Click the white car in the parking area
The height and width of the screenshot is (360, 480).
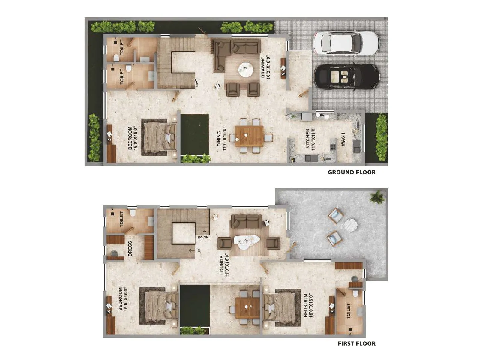tap(346, 43)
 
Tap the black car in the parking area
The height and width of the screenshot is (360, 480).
tap(346, 77)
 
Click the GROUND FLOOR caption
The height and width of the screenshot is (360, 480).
tap(351, 172)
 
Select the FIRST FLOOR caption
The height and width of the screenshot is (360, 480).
tap(356, 343)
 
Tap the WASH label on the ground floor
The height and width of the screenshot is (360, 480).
tap(343, 139)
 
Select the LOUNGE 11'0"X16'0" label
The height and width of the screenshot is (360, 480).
tap(224, 265)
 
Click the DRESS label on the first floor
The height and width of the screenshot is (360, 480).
tap(130, 248)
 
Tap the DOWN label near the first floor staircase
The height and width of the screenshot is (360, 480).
tap(203, 237)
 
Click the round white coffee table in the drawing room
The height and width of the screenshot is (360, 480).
tap(245, 70)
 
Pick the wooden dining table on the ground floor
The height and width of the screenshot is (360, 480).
tap(249, 136)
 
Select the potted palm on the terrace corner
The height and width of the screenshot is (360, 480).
tap(377, 197)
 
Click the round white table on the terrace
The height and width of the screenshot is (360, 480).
tap(350, 226)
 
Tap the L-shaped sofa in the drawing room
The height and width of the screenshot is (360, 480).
tap(234, 51)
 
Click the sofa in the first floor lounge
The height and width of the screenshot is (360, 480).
tap(246, 221)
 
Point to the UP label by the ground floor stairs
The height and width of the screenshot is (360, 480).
tap(197, 83)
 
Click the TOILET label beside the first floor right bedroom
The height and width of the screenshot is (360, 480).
tap(348, 311)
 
